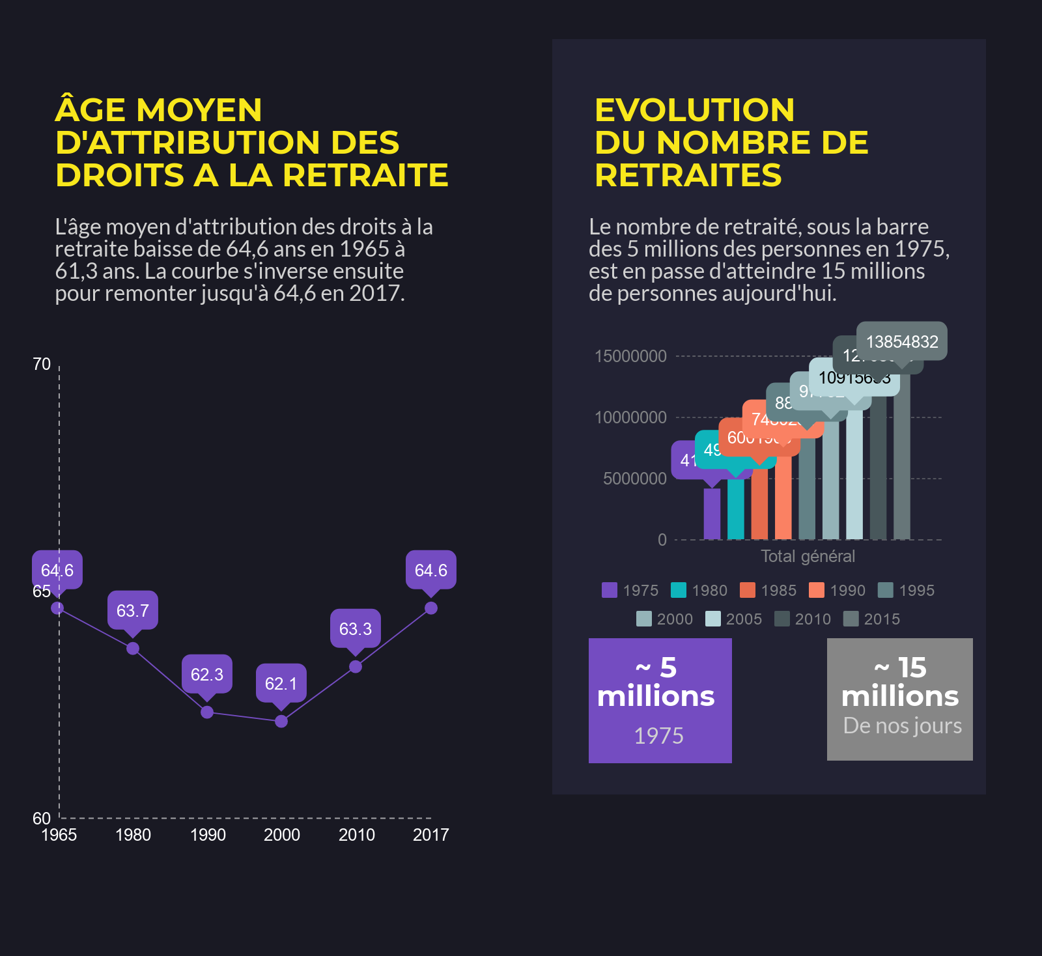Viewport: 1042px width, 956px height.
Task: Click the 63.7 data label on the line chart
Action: [133, 610]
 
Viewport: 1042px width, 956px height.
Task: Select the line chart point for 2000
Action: [281, 721]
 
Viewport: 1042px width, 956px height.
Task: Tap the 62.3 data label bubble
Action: [207, 674]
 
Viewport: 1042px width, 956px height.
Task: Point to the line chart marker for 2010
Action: [356, 666]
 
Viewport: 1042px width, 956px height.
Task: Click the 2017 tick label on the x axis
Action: [431, 835]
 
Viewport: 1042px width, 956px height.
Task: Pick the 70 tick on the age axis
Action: [42, 364]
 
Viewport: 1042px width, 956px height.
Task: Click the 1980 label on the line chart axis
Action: [133, 835]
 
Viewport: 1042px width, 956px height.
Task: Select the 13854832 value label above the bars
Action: [902, 341]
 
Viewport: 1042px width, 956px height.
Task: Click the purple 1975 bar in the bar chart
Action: [712, 514]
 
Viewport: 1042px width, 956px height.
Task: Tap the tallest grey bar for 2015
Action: [902, 456]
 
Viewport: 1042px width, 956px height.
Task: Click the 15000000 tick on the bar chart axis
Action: [630, 356]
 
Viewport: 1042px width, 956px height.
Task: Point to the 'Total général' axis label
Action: [808, 556]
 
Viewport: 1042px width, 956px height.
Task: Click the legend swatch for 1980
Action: [679, 590]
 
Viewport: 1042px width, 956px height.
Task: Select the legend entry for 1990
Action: [838, 590]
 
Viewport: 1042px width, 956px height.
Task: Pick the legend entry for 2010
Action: [803, 619]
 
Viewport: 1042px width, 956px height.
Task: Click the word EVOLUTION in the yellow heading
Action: [694, 110]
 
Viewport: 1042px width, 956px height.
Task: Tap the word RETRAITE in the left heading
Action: [365, 175]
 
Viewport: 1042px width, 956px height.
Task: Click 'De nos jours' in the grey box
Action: [902, 725]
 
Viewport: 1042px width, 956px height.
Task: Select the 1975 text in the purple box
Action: [659, 736]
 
